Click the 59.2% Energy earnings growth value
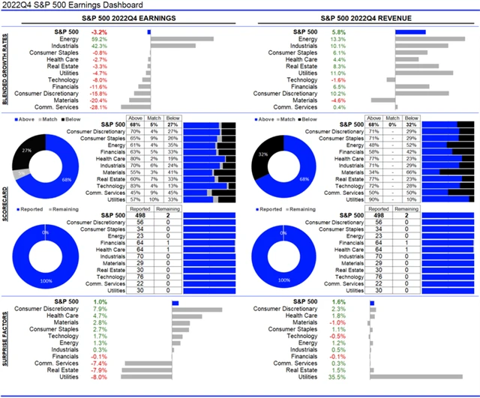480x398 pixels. click(x=98, y=39)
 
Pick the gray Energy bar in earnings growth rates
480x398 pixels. click(x=181, y=39)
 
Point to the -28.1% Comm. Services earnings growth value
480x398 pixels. click(x=98, y=106)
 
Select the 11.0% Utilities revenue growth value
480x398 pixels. click(x=337, y=73)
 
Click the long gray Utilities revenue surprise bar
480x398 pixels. click(x=420, y=377)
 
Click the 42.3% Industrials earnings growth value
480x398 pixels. click(x=98, y=46)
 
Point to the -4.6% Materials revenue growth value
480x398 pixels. click(x=337, y=100)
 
